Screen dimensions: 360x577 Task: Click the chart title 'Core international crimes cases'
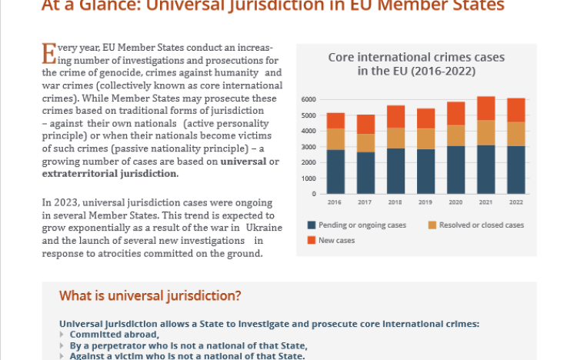pos(416,58)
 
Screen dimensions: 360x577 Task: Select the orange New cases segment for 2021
pos(485,108)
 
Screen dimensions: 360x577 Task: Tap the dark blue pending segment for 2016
pos(335,172)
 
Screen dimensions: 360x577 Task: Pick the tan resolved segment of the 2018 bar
pos(395,138)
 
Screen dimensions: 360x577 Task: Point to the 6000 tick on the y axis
pos(309,100)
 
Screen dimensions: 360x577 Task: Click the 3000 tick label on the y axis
pos(309,147)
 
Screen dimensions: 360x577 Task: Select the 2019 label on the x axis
pos(425,203)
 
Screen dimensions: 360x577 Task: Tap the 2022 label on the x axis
pos(516,203)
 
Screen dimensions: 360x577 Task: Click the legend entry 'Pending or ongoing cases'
pos(356,225)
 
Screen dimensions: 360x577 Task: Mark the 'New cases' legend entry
pos(335,241)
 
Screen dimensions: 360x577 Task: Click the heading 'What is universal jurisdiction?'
pos(150,296)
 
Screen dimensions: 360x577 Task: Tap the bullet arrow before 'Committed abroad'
pos(63,335)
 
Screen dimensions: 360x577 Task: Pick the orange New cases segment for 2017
pos(365,124)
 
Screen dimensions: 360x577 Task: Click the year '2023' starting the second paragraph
pos(66,202)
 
